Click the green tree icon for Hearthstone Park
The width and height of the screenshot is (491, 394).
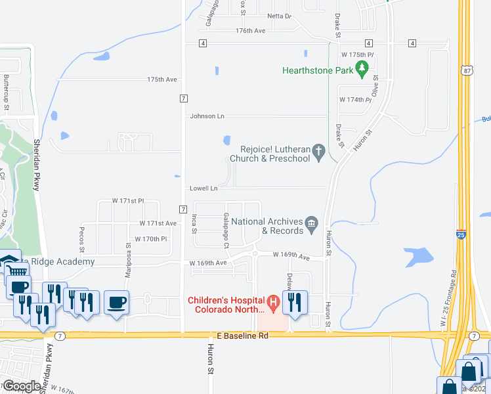tap(362, 68)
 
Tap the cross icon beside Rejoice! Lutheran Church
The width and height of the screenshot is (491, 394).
tap(319, 153)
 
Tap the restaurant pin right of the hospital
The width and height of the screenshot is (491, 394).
tap(294, 303)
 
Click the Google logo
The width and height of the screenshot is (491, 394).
tap(21, 386)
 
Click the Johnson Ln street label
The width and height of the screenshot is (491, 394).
tap(207, 116)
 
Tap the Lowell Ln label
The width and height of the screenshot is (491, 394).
tap(203, 188)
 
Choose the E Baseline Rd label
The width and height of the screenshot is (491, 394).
tap(245, 336)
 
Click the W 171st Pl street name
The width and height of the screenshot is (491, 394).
tap(127, 200)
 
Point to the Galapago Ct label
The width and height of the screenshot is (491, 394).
tap(225, 230)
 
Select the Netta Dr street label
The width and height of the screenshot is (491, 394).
tap(279, 16)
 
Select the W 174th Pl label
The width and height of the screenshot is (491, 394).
tap(355, 99)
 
